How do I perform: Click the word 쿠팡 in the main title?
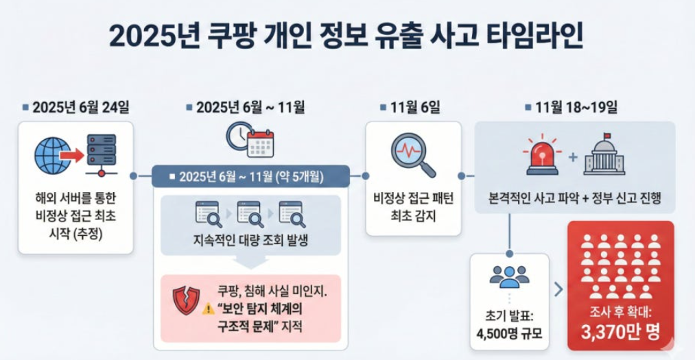231,36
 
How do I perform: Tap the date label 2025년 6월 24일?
81,108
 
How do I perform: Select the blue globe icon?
52,155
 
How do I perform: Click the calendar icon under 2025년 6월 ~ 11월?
261,145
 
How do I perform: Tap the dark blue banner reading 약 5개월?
251,177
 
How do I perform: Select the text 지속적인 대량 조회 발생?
250,241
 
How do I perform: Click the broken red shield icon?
186,300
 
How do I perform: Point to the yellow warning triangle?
209,309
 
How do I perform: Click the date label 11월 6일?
415,108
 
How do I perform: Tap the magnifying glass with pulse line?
412,155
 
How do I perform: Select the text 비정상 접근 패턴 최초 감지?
414,207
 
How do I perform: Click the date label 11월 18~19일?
576,108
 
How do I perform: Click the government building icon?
604,154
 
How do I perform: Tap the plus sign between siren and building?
573,157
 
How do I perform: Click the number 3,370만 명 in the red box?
620,332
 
